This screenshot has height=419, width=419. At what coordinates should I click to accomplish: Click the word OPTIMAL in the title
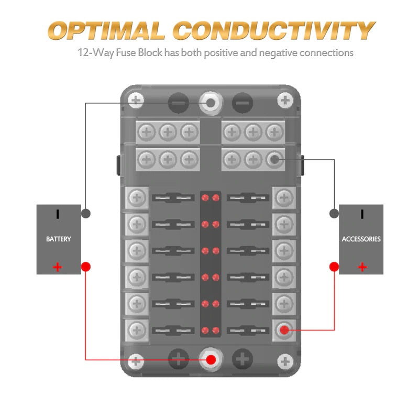coord(108,31)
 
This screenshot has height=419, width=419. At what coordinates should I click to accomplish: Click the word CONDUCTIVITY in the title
coord(272,31)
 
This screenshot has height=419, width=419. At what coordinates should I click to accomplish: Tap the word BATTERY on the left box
coord(58,239)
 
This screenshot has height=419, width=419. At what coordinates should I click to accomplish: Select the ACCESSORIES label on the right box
coord(361,239)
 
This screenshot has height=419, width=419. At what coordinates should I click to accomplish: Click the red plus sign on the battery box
coord(58,268)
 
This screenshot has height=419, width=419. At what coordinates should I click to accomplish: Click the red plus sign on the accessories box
coord(362,268)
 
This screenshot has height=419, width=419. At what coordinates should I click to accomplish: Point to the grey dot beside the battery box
coord(86,214)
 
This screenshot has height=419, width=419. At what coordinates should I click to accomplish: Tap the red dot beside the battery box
coord(86,267)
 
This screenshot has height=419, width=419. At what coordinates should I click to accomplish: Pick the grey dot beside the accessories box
coord(334,214)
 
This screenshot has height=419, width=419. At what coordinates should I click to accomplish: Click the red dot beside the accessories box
coord(334,267)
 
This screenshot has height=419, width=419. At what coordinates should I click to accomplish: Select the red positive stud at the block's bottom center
coord(211,360)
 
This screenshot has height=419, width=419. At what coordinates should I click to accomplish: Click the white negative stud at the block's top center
coord(211,103)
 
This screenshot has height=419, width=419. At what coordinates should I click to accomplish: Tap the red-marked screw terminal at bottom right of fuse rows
coord(284,329)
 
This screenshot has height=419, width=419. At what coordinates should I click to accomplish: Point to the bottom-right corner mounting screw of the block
coord(284,360)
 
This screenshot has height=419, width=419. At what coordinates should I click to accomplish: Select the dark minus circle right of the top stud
coord(242,103)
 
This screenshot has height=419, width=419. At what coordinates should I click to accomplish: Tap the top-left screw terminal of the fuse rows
coord(137,197)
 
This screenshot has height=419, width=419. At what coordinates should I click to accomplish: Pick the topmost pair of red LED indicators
coord(210,198)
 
